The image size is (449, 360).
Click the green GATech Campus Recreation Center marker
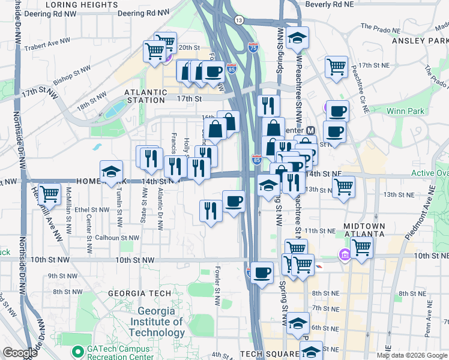(77, 351)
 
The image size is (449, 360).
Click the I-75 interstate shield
(253, 47)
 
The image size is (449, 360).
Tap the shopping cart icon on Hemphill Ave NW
(50, 194)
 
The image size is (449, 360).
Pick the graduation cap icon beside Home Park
(111, 172)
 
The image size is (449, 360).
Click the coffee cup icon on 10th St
(262, 273)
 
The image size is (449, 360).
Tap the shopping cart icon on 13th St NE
(343, 186)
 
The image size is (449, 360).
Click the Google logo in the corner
(20, 353)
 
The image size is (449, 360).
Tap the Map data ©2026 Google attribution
(412, 355)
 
